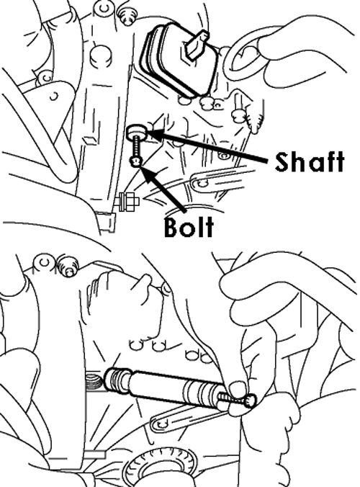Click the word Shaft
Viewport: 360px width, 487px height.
coord(310,162)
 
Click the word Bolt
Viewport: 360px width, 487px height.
coord(189,226)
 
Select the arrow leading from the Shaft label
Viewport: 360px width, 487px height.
coord(208,146)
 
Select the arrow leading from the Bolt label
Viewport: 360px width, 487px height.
coord(162,189)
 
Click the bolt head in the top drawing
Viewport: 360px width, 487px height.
coord(136,161)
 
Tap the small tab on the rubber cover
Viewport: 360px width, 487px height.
coord(197,45)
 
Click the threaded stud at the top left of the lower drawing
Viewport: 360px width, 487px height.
coord(69,266)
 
